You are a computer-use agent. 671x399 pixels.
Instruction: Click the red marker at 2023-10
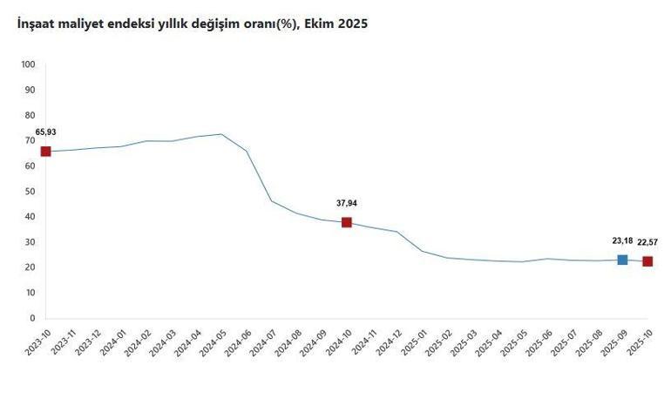pyautogui.click(x=45, y=152)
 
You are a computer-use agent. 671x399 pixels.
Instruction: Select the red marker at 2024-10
pyautogui.click(x=347, y=222)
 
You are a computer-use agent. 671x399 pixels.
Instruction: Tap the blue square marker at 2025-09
pyautogui.click(x=622, y=260)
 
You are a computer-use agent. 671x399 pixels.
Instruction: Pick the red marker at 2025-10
pyautogui.click(x=647, y=261)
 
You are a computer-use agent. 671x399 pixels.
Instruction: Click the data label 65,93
pyautogui.click(x=45, y=132)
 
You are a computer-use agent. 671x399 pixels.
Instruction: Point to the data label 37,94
pyautogui.click(x=347, y=203)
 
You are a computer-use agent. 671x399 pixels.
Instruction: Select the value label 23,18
pyautogui.click(x=622, y=240)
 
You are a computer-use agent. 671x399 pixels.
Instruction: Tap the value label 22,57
pyautogui.click(x=648, y=242)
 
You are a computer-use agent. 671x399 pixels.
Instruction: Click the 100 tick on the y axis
pyautogui.click(x=27, y=64)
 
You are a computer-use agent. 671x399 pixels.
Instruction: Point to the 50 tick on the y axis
pyautogui.click(x=30, y=192)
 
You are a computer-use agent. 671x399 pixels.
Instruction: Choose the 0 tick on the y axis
pyautogui.click(x=31, y=319)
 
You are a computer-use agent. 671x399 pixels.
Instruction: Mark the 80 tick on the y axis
pyautogui.click(x=30, y=115)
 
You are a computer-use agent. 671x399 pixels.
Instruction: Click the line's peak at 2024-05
pyautogui.click(x=221, y=134)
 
